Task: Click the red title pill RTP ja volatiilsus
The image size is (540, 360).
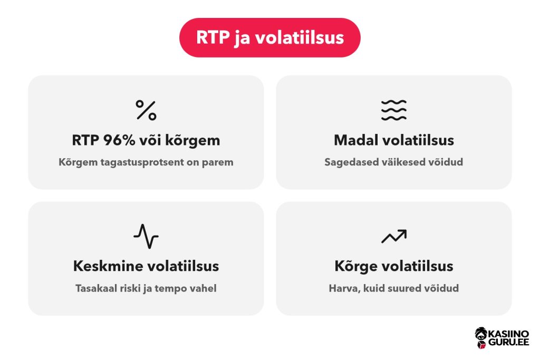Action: point(269,37)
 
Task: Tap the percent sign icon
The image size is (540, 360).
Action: point(146,110)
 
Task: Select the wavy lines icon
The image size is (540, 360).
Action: point(393,110)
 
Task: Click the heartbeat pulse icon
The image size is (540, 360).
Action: point(146,237)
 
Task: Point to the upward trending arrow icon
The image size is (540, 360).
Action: point(393,236)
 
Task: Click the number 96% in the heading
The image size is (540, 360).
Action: point(119,140)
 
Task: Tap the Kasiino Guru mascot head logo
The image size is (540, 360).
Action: point(481,338)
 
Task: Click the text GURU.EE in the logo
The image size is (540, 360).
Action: point(509,342)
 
